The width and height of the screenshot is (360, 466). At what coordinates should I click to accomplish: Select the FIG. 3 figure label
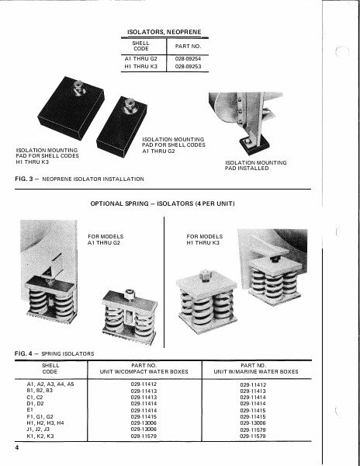click(x=22, y=179)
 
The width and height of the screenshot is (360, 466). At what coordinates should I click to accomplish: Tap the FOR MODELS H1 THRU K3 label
click(x=205, y=239)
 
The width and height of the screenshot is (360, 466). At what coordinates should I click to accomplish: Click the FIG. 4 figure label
click(x=22, y=354)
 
